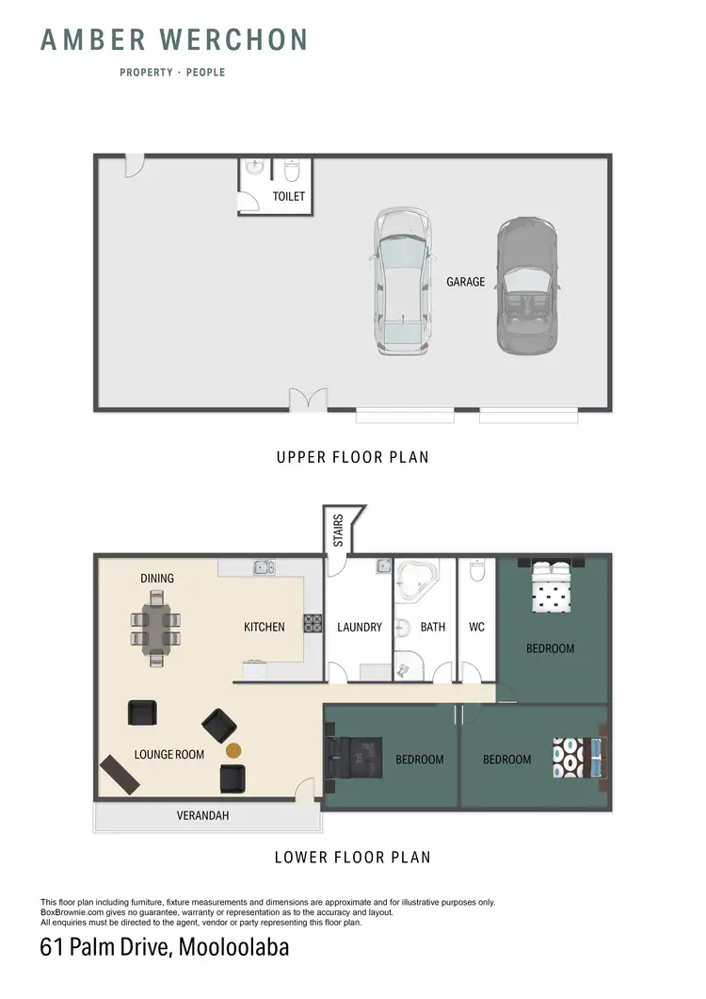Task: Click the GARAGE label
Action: click(466, 281)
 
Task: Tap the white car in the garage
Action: click(404, 282)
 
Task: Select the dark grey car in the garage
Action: click(526, 286)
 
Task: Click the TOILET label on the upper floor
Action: click(288, 197)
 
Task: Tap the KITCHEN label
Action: click(264, 627)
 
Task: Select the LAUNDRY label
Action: click(360, 627)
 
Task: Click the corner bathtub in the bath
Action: click(414, 581)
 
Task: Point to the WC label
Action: click(476, 627)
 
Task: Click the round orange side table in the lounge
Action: click(233, 750)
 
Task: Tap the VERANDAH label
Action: click(202, 816)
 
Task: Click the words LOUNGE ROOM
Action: click(169, 754)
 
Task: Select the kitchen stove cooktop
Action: click(313, 623)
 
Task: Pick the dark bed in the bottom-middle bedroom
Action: click(355, 759)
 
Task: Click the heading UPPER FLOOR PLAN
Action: click(352, 458)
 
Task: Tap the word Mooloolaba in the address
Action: click(231, 947)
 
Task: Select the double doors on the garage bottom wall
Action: click(307, 401)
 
